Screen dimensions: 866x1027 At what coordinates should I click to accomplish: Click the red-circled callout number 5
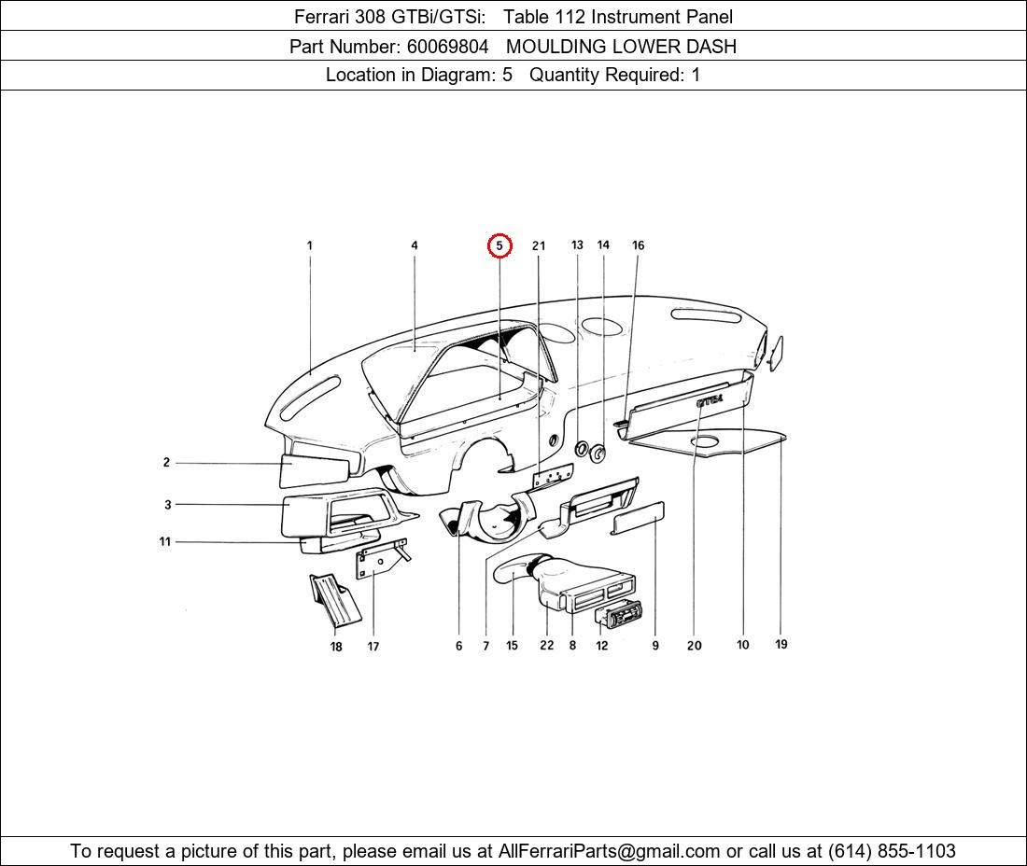tap(499, 245)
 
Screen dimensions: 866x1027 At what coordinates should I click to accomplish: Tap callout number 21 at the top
tap(539, 246)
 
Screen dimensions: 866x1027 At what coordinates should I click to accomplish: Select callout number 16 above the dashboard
tap(638, 245)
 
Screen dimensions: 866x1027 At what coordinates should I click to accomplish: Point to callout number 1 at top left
tap(310, 245)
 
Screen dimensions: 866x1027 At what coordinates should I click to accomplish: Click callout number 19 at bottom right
tap(781, 644)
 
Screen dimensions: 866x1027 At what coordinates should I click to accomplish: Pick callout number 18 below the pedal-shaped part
tap(336, 647)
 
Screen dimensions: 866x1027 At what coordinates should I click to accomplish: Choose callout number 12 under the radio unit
tap(602, 645)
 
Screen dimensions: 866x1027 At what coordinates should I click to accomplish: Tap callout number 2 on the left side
tap(166, 462)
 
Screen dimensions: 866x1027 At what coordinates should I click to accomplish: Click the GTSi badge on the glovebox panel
tap(710, 400)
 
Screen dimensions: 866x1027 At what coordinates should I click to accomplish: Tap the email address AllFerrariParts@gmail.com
tap(610, 851)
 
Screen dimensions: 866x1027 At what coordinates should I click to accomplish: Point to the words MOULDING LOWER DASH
tap(621, 46)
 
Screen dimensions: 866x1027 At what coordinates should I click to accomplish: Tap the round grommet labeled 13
tap(580, 449)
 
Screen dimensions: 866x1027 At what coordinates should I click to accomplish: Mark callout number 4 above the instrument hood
tap(415, 245)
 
